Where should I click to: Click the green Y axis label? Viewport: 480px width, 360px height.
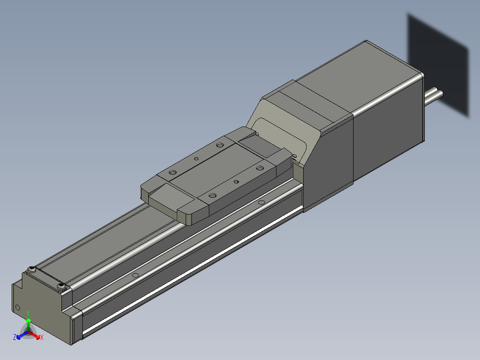click(x=28, y=313)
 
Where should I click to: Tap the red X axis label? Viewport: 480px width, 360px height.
click(x=42, y=338)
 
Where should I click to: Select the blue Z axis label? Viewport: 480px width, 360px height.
click(x=15, y=337)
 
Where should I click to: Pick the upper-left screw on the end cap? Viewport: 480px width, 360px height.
click(x=32, y=269)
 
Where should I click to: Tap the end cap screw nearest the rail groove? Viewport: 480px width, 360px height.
click(x=61, y=286)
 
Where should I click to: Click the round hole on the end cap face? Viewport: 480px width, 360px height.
click(x=18, y=307)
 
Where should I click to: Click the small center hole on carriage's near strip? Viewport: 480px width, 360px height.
click(x=236, y=181)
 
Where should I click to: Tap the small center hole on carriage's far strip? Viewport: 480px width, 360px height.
click(x=196, y=158)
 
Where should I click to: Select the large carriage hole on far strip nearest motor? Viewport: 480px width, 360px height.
click(x=220, y=145)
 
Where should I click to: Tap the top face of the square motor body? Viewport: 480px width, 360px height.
click(x=356, y=80)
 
